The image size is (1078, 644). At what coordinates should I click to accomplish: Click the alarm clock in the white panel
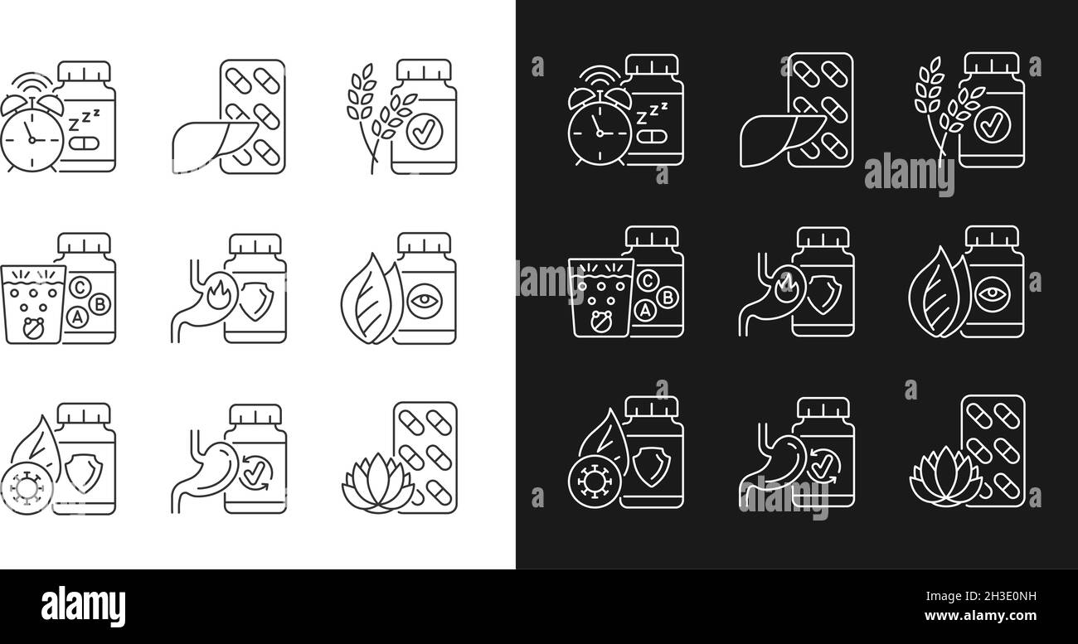[x=32, y=136]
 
